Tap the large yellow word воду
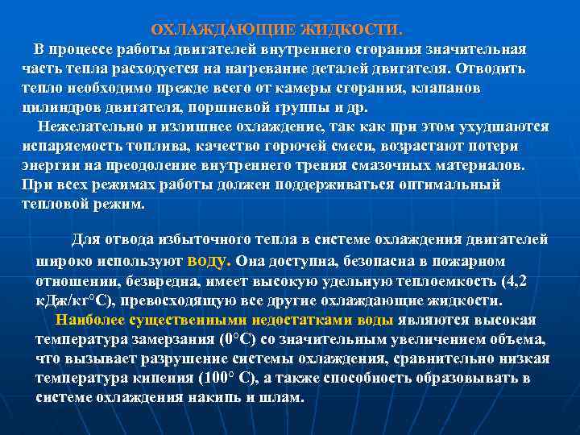click(209, 261)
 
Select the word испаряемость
click(65, 147)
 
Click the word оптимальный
click(452, 185)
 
